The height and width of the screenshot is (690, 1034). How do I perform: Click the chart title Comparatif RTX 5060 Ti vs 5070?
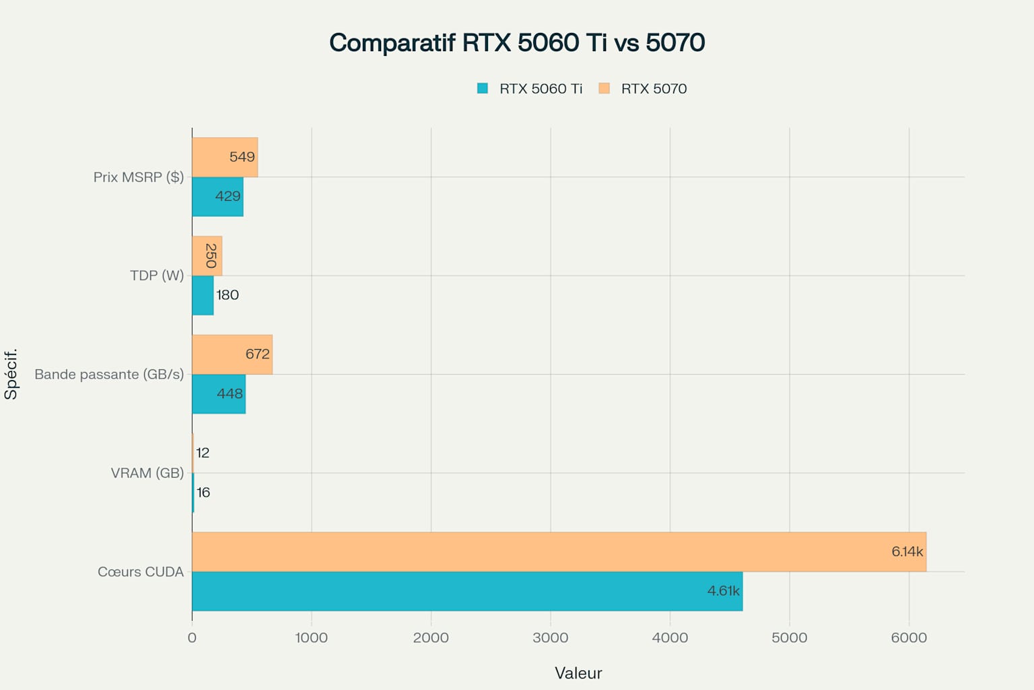coord(516,42)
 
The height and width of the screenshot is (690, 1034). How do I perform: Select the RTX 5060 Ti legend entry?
coord(529,88)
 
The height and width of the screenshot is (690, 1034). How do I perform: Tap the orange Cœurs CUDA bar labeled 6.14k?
coord(559,552)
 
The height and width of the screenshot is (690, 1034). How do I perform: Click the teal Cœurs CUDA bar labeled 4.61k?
coord(467,591)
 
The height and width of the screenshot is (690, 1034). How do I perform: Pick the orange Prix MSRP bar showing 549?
coord(225,157)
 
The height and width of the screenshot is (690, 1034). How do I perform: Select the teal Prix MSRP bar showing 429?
coord(217,197)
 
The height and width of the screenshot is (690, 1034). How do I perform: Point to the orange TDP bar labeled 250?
coord(207,256)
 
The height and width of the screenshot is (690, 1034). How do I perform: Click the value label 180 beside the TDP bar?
coord(228,295)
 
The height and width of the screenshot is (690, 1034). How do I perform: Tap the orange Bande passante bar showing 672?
coord(232,354)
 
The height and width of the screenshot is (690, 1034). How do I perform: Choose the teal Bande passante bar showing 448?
coord(219,394)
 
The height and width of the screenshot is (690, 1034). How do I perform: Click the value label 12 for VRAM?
coord(203,453)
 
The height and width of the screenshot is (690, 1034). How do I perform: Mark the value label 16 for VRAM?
coord(203,493)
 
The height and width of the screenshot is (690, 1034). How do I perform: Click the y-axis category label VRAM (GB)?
coord(147,473)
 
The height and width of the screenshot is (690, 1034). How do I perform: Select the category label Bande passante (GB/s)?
coord(109,374)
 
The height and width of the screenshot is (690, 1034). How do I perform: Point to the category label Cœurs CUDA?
coord(141,571)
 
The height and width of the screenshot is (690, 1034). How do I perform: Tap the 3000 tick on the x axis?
coord(550,637)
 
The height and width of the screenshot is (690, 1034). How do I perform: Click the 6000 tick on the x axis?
coord(909,637)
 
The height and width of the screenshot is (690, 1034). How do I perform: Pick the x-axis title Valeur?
coord(578,673)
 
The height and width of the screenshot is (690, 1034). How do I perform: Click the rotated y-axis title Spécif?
coord(11,374)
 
